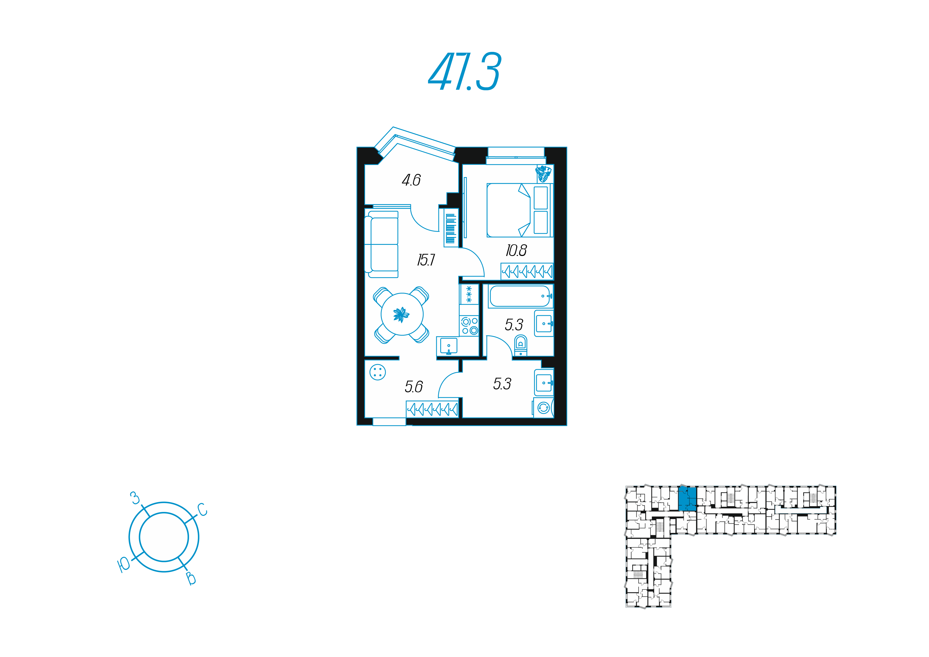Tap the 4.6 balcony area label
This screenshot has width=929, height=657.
click(411, 180)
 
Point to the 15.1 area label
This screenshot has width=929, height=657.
click(426, 260)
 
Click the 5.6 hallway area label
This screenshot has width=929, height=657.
click(414, 387)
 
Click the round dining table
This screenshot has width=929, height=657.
click(402, 314)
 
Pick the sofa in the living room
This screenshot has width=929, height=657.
click(382, 244)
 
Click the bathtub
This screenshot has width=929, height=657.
click(520, 296)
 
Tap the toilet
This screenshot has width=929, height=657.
click(520, 345)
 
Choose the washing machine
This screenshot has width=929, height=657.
click(543, 407)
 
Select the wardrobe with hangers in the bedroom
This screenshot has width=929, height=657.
click(527, 271)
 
